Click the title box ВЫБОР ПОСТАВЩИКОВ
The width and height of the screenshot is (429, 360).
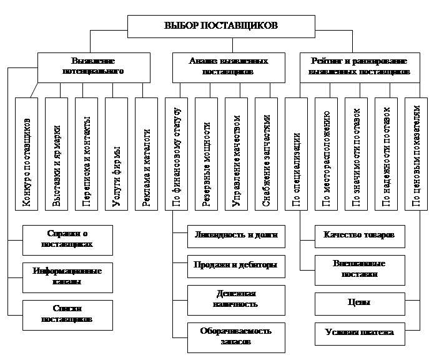click(212, 26)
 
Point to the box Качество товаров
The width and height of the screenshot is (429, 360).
click(359, 236)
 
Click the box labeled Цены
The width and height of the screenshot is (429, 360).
click(359, 303)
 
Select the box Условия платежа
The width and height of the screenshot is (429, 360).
click(359, 332)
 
